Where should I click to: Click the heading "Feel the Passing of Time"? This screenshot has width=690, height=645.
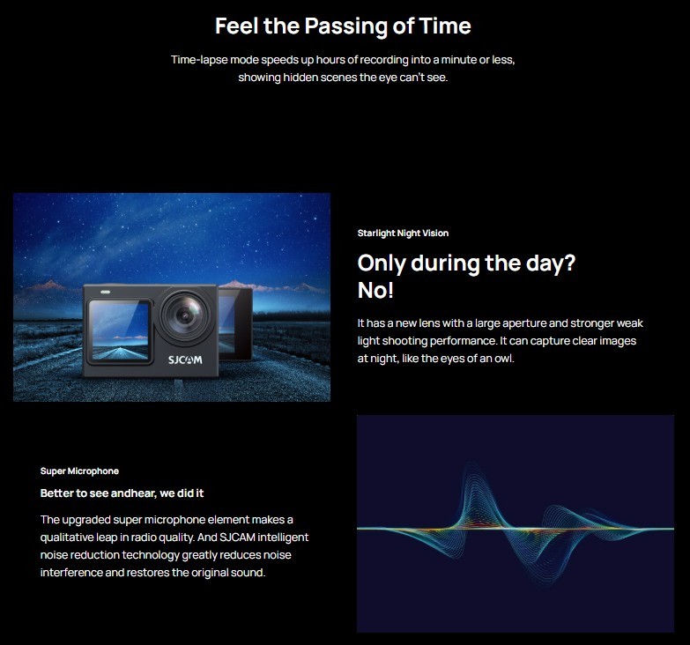click(343, 26)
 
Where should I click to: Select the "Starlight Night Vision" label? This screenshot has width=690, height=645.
click(403, 234)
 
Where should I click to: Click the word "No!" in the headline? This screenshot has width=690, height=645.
click(375, 291)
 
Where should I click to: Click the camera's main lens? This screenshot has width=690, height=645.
click(185, 315)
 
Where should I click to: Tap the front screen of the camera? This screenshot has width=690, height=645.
click(119, 331)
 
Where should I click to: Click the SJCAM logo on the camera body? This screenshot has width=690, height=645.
click(185, 360)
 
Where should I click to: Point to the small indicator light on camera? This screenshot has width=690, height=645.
click(105, 292)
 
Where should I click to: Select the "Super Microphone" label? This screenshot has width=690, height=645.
click(79, 471)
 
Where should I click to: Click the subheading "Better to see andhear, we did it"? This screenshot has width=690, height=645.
click(122, 493)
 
